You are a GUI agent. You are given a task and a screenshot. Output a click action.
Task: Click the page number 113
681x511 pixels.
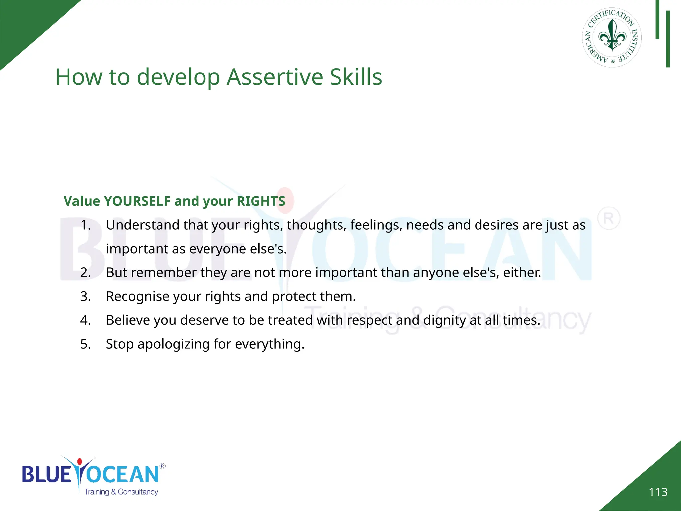[658, 492]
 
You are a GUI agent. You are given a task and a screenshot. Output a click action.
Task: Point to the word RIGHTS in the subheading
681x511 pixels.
[261, 201]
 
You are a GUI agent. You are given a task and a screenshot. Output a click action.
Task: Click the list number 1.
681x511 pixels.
[85, 225]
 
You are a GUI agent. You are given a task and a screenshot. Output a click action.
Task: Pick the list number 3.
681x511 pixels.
[85, 296]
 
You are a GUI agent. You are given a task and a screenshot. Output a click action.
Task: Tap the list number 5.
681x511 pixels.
[85, 344]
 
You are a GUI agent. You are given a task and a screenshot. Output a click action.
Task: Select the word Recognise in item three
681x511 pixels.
[137, 296]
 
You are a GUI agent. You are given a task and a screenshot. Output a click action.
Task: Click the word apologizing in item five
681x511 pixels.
[173, 344]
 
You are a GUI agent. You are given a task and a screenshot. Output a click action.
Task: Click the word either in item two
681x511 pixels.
[521, 272]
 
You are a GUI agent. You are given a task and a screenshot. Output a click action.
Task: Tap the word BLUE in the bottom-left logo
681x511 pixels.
[47, 474]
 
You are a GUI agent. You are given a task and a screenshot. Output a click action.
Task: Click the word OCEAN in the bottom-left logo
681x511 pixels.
[123, 474]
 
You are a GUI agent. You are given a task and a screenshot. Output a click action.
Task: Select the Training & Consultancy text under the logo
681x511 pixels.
[121, 492]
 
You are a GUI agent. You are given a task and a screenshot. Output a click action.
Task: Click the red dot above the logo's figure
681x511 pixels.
[79, 462]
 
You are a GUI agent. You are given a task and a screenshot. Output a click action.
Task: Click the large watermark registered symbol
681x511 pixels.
[609, 219]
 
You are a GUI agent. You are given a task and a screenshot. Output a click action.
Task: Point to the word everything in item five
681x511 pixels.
[269, 344]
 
